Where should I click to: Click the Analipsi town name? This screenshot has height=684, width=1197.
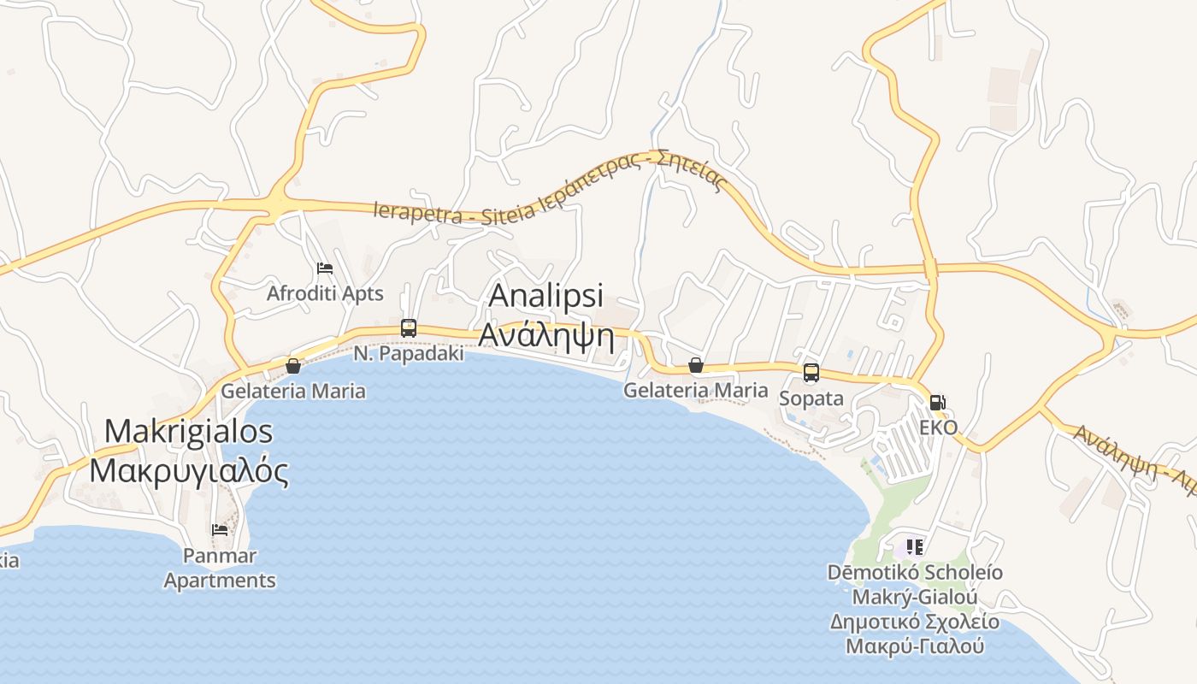coord(545,296)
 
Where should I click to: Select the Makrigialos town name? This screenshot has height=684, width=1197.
coord(188,431)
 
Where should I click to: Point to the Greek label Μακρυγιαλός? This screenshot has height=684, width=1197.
coord(189,470)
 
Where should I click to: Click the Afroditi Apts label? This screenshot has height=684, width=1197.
coord(325,293)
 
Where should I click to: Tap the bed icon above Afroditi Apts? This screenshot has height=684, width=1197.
coord(325,269)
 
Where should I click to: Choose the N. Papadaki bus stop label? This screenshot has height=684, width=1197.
coord(409,353)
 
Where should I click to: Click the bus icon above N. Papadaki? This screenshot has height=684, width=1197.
coord(409,328)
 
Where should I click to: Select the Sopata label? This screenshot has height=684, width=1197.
coord(811,398)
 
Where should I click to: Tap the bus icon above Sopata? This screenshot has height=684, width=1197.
coord(811,374)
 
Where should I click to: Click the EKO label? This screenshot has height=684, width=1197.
coord(938,427)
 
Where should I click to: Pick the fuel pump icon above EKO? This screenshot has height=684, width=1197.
coord(938,403)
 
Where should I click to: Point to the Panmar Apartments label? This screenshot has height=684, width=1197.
coord(220,568)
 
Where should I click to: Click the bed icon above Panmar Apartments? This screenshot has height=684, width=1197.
coord(220,530)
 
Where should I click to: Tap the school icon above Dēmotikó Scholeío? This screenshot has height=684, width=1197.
coord(915,546)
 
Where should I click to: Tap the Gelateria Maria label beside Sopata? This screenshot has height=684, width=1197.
coord(695,391)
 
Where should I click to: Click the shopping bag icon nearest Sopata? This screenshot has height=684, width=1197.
coord(696,366)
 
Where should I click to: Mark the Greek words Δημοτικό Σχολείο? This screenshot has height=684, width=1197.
coord(914,622)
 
